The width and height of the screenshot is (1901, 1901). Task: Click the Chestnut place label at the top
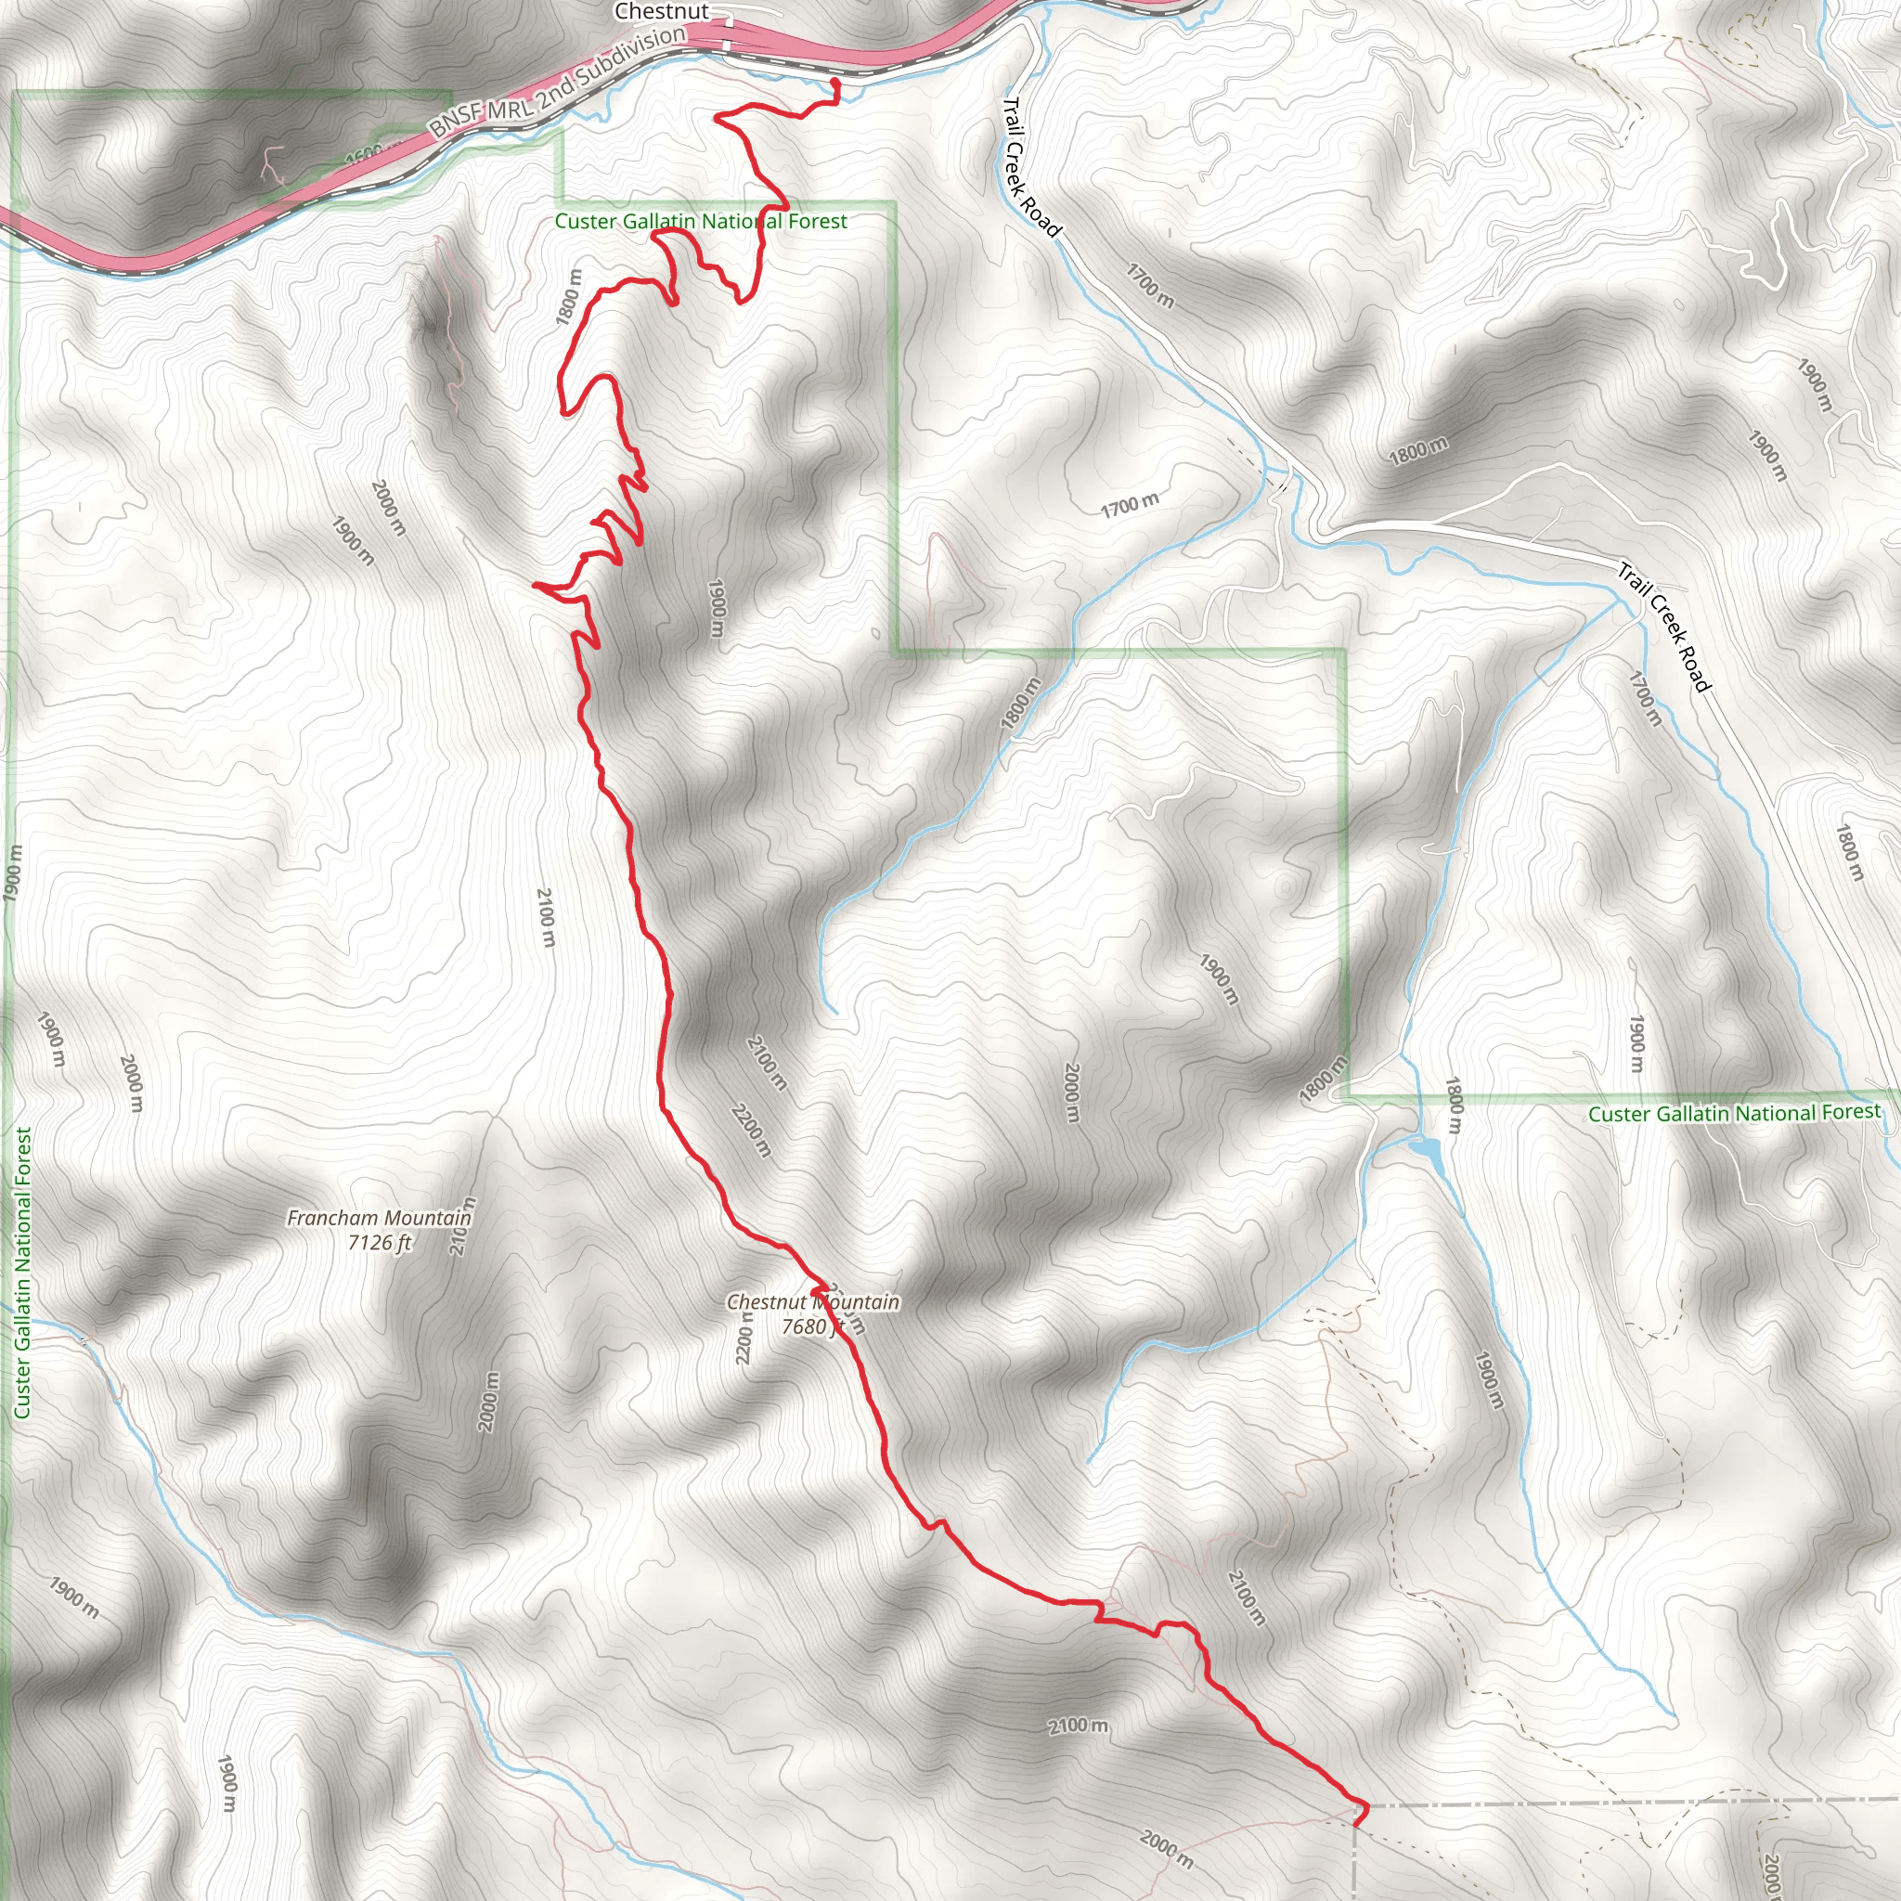660,12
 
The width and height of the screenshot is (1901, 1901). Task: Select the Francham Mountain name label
379,1218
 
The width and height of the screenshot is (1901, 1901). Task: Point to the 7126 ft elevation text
379,1243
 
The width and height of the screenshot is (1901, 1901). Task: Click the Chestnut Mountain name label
813,1301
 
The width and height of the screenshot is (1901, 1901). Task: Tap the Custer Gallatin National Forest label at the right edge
1734,1113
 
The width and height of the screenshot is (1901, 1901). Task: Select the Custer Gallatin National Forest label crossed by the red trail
701,222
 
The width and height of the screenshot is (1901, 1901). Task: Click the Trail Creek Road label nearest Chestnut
1031,167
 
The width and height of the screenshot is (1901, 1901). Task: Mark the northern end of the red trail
835,82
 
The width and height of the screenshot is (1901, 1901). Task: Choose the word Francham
332,1218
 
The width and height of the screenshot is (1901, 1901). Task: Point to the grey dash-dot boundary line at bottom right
1623,1803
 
